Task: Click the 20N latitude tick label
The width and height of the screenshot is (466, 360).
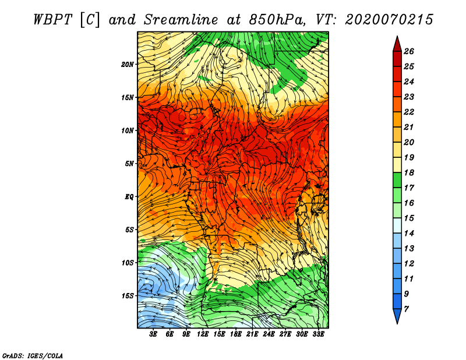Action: (x=127, y=64)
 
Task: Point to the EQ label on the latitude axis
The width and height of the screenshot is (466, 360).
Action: (x=129, y=197)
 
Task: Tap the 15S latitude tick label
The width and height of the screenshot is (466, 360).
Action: (x=128, y=296)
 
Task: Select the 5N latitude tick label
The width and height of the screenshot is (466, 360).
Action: (x=129, y=164)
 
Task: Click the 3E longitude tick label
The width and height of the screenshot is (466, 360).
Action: (x=153, y=334)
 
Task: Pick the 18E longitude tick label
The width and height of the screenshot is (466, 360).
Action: (x=236, y=334)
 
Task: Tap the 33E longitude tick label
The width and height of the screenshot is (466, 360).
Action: (x=318, y=334)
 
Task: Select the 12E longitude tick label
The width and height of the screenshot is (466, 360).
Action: (x=203, y=334)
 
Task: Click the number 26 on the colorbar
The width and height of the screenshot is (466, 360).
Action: (x=409, y=51)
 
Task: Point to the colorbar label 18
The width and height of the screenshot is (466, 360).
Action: (x=409, y=172)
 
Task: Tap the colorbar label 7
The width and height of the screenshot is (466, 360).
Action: (x=406, y=309)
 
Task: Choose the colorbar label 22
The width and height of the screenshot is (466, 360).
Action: (x=409, y=112)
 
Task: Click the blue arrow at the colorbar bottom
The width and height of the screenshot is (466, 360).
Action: (x=397, y=315)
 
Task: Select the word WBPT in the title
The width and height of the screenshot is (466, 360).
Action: (x=52, y=20)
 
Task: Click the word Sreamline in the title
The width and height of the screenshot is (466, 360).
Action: (x=181, y=20)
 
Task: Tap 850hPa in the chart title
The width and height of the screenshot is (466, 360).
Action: (x=277, y=20)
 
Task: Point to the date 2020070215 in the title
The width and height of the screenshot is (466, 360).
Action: (x=389, y=20)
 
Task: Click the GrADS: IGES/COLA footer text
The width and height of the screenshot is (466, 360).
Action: (x=33, y=355)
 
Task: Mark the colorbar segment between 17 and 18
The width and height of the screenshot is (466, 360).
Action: (x=397, y=180)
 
